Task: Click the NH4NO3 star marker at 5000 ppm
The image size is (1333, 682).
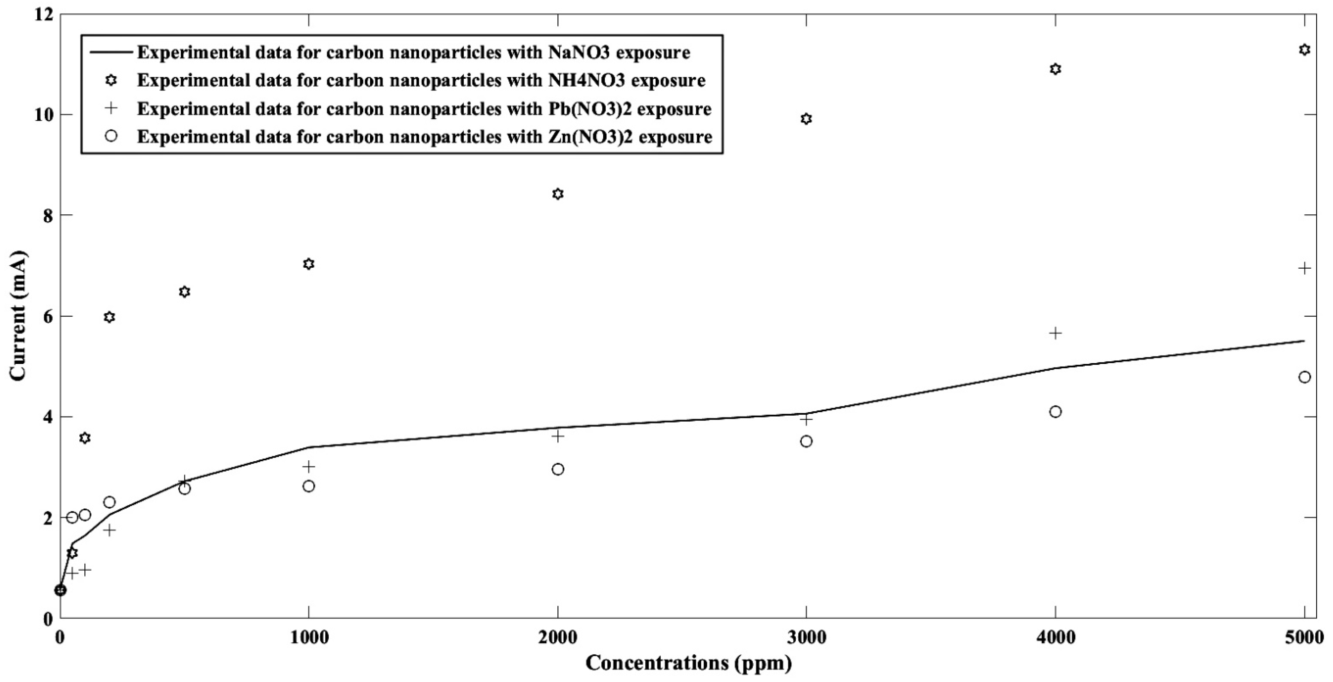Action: (x=1305, y=50)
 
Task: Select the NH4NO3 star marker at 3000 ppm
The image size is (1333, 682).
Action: (x=806, y=119)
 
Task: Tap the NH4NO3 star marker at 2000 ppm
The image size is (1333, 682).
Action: (x=558, y=194)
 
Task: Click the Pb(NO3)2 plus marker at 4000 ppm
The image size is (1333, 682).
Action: (x=1056, y=333)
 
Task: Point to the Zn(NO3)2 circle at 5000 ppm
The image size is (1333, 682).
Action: (x=1305, y=377)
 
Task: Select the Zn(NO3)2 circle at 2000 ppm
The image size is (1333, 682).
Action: (x=558, y=469)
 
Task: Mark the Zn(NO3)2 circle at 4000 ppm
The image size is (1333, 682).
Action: (x=1056, y=412)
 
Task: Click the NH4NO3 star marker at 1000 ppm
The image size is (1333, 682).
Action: (x=309, y=264)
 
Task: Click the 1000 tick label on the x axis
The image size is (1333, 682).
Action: (x=309, y=638)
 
